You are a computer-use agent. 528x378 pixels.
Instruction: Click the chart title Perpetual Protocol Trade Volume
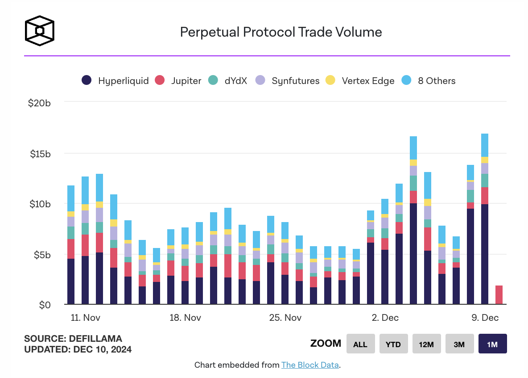tap(280, 32)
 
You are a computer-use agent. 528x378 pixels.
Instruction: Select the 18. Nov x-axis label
tap(185, 318)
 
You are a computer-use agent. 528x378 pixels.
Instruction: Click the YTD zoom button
tap(393, 344)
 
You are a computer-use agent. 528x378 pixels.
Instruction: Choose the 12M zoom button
tap(426, 344)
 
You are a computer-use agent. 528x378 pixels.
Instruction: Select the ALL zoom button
tap(360, 344)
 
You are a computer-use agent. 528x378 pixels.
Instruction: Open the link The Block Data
tap(310, 365)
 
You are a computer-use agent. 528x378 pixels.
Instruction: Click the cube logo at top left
tap(40, 31)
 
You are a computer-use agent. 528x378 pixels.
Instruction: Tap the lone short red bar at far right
tap(499, 295)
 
